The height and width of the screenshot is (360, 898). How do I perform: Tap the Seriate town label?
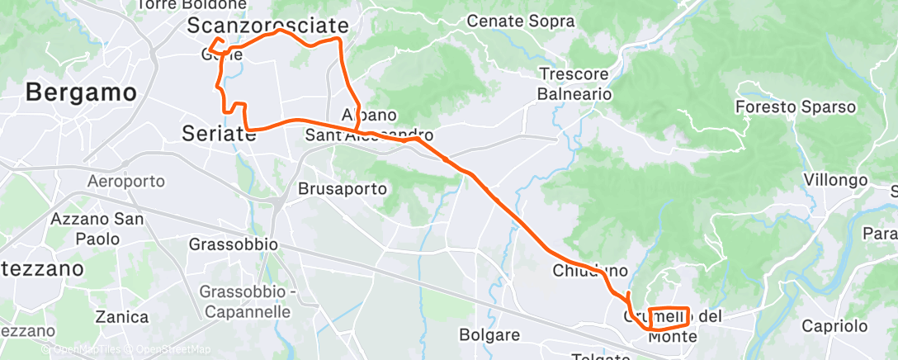coord(217,132)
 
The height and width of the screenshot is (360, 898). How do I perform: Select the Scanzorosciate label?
coord(267,26)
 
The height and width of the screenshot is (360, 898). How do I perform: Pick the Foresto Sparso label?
coord(796,107)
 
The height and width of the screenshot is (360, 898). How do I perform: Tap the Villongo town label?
coord(835,180)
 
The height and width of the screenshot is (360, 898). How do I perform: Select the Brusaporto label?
coord(342,188)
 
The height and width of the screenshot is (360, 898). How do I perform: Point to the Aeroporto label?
coord(125,181)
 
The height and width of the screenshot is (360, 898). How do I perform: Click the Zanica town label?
coord(122,317)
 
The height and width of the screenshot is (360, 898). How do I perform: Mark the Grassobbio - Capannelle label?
coord(244,301)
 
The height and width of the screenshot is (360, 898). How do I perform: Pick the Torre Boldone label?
coord(191,5)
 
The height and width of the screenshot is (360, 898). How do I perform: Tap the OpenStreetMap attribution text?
coord(173,349)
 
